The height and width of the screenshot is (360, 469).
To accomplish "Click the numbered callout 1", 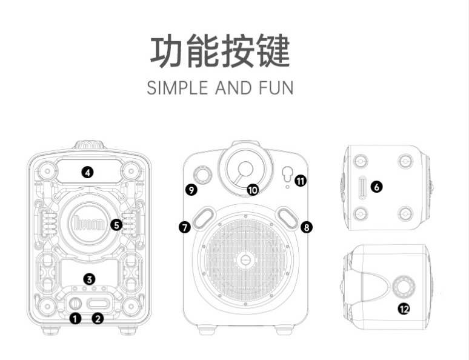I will (75, 318).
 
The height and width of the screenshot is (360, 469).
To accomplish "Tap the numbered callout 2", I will (98, 318).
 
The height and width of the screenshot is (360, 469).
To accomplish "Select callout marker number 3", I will (89, 279).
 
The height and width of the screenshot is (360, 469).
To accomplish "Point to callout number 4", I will (88, 172).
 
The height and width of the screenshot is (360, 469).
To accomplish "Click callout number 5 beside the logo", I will (117, 224).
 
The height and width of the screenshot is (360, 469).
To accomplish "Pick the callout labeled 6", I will (377, 187).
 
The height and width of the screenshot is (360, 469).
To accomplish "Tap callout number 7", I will (185, 227).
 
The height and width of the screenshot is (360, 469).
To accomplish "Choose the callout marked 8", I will (307, 227).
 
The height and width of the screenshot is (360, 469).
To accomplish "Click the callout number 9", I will (191, 190).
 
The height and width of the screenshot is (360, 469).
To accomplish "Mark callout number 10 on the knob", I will (253, 190).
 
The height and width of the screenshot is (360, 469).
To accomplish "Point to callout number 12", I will (404, 308).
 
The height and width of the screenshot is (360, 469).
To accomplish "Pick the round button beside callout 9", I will (202, 175).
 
